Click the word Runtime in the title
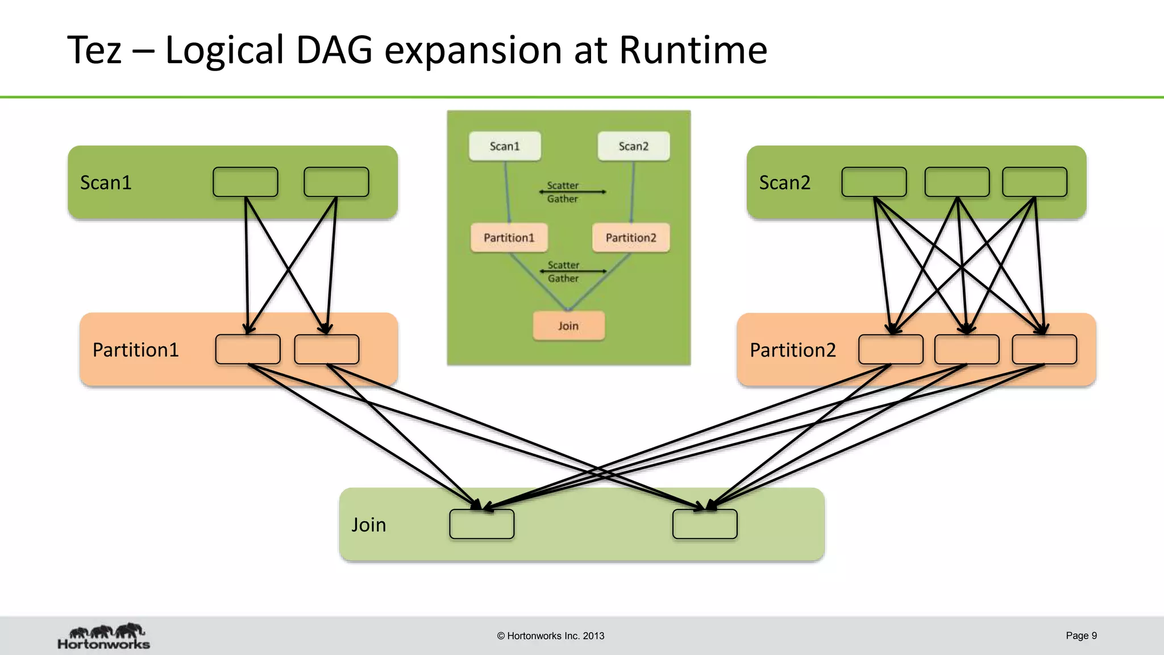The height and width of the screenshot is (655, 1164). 692,50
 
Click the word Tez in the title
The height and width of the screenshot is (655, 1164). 94,50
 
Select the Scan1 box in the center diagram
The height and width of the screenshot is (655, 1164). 505,146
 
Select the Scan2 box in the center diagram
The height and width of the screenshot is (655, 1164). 633,146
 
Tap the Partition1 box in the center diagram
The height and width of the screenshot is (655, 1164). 509,238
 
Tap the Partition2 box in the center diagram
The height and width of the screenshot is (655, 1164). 630,238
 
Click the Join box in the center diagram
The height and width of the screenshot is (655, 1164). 568,326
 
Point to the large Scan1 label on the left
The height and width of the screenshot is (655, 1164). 106,183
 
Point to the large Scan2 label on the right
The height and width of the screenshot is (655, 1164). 784,183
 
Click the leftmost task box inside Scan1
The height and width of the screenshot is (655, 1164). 245,182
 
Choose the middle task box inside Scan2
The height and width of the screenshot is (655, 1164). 957,182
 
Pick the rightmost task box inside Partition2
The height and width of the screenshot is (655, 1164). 1044,349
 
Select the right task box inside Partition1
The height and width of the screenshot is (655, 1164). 326,349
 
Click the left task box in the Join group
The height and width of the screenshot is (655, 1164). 481,524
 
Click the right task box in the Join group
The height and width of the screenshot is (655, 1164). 705,524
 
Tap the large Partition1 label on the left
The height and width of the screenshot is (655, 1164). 135,350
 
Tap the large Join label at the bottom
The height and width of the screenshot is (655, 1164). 368,524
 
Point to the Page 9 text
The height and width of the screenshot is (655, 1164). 1081,636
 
